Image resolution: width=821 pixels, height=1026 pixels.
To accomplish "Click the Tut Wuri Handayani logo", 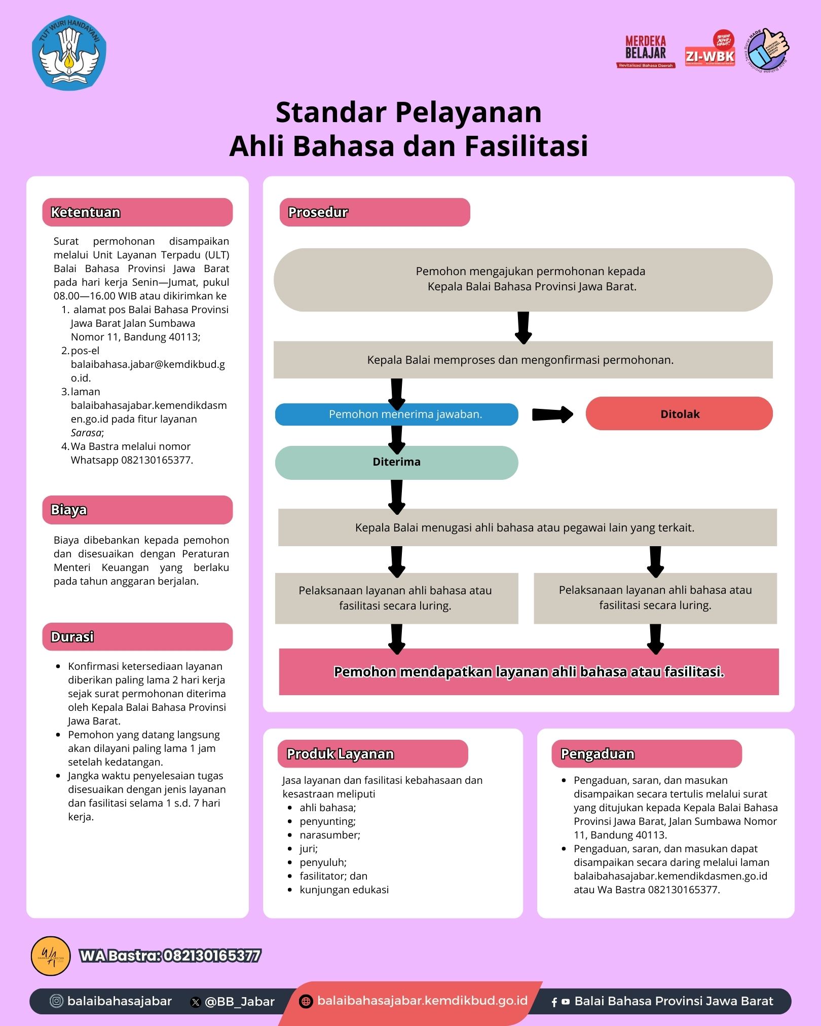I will (69, 53).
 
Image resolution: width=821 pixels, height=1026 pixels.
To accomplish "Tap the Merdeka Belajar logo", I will (645, 51).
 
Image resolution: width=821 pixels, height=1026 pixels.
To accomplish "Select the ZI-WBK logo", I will (710, 51).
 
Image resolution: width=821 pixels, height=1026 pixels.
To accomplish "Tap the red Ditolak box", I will (679, 414).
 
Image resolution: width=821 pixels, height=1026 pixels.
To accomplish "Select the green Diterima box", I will (396, 462).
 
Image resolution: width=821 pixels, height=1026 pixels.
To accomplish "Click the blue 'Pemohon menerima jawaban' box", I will (396, 414).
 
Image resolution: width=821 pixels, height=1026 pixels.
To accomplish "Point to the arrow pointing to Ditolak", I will (552, 414).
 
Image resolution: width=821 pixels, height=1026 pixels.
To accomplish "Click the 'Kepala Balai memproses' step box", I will (523, 360).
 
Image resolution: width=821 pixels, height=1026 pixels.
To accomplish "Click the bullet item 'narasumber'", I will (329, 835).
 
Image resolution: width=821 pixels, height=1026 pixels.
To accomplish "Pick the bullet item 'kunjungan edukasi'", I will (344, 890).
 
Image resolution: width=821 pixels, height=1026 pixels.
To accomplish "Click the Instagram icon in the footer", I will (57, 1001).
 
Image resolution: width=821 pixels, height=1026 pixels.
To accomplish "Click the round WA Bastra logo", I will (51, 956).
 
